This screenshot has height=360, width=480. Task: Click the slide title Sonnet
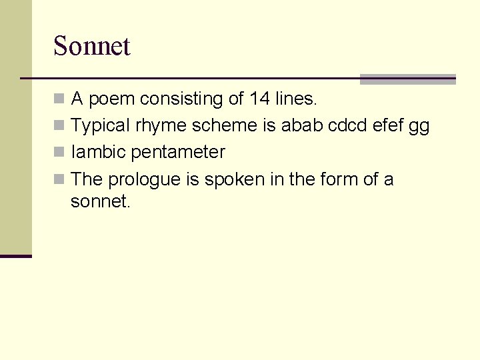(91, 46)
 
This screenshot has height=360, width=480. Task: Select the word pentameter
(178, 153)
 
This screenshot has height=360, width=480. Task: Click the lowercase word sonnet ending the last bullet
(99, 201)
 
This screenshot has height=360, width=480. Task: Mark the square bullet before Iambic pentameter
(59, 153)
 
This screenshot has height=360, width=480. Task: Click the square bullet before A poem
(59, 99)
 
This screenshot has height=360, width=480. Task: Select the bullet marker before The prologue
(59, 179)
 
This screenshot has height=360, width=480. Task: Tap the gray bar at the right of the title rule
(407, 79)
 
